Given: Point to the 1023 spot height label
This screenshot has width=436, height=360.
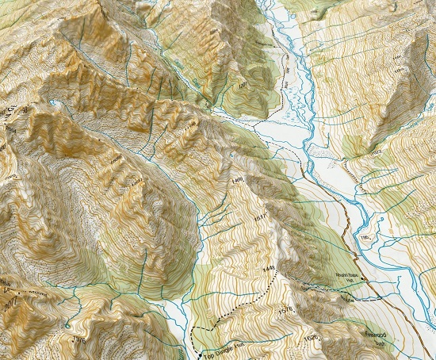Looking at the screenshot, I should point(374,151).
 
